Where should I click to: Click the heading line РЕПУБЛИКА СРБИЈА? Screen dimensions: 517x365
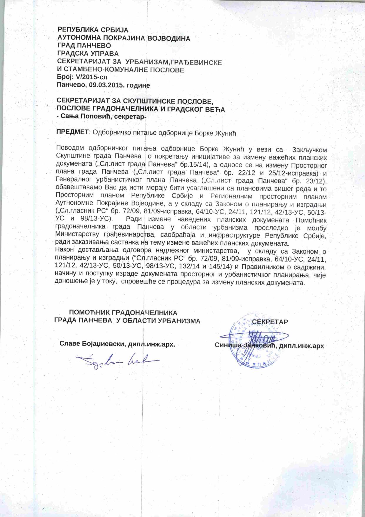click(x=93, y=30)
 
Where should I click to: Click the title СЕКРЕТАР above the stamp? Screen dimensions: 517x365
click(x=270, y=321)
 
